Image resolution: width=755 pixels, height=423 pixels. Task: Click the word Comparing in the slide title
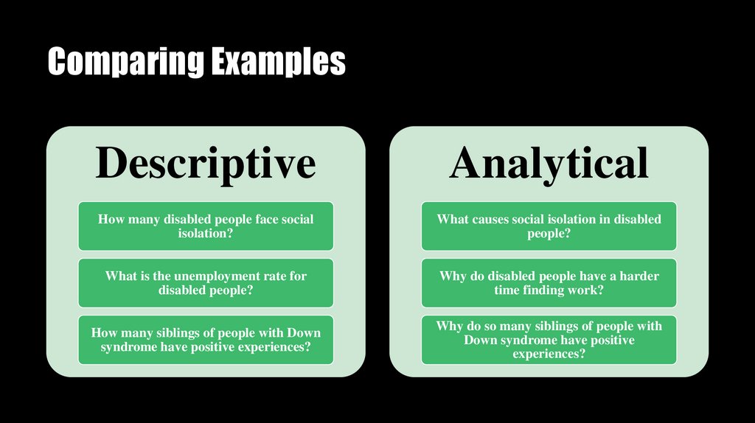point(125,63)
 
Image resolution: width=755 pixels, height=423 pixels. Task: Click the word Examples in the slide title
point(278,63)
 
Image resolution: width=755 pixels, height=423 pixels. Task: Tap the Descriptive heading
point(206,163)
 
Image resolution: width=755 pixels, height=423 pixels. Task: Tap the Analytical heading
point(549,163)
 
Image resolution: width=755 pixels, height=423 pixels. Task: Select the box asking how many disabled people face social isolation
point(206,226)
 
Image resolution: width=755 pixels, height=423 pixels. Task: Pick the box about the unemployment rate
point(206,283)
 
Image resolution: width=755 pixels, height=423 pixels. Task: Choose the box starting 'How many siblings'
point(206,340)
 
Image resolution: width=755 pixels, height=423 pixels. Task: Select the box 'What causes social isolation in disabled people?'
point(549,226)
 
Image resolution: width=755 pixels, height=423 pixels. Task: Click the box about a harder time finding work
point(549,283)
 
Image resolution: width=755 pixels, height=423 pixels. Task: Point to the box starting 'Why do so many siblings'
point(549,340)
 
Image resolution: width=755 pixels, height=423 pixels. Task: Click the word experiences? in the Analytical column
point(549,354)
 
